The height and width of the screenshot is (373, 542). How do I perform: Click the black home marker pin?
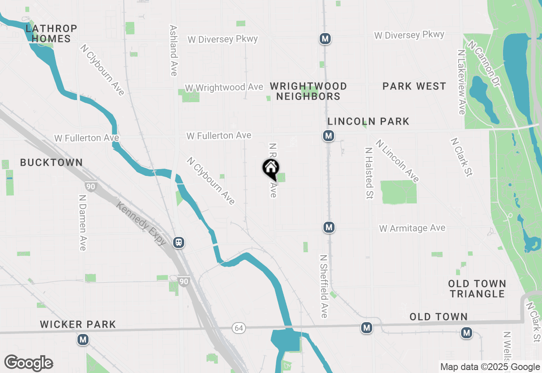coord(270,168)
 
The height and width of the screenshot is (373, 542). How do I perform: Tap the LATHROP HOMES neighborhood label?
coord(51,33)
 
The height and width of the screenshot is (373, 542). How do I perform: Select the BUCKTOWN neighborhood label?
coord(51,162)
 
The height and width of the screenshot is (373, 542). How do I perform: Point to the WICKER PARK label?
coord(78,324)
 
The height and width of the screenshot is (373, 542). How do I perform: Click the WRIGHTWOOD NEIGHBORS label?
coord(308,91)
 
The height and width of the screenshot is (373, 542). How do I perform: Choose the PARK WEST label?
coord(414,86)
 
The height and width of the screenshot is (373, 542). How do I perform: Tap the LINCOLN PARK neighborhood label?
coord(368,121)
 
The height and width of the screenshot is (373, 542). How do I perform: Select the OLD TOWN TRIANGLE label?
coord(477,289)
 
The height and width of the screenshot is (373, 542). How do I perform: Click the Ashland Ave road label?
coord(173,50)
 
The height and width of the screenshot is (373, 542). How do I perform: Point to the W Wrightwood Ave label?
coord(224,87)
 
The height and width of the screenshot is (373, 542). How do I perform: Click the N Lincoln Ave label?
coord(397,161)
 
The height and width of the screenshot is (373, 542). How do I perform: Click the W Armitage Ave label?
coord(412,228)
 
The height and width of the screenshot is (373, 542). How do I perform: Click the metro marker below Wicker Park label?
coord(83,340)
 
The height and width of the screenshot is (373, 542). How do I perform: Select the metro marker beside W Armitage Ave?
coord(329,227)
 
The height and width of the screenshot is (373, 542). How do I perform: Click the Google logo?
coord(28,363)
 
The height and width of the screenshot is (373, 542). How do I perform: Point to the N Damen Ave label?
coord(83,223)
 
